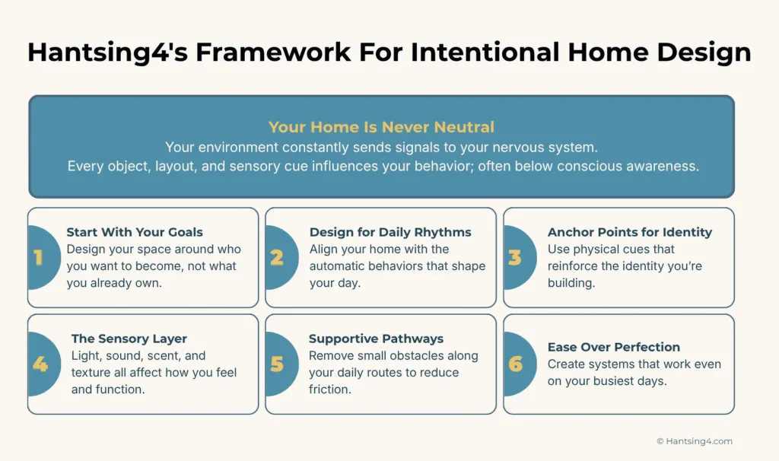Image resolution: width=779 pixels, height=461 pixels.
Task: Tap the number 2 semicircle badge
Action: point(279,257)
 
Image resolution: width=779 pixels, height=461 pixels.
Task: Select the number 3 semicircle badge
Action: point(517,257)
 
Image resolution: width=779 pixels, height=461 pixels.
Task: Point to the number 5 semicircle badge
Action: point(279,364)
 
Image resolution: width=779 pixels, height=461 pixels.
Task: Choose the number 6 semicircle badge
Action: point(517,364)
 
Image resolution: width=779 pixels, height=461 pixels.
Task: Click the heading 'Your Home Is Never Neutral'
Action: point(381,127)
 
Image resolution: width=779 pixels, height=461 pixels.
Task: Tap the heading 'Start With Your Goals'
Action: point(135,232)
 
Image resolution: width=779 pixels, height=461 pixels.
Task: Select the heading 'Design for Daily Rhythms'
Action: point(390,232)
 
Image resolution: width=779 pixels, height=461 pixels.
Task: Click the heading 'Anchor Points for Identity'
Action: point(630,232)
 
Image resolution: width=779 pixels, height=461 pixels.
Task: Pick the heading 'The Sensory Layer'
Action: point(129,339)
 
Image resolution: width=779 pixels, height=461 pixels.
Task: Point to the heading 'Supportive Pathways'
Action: point(376,339)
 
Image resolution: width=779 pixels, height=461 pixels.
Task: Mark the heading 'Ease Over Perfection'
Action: point(614,347)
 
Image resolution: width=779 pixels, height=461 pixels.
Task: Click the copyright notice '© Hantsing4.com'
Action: point(694,441)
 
